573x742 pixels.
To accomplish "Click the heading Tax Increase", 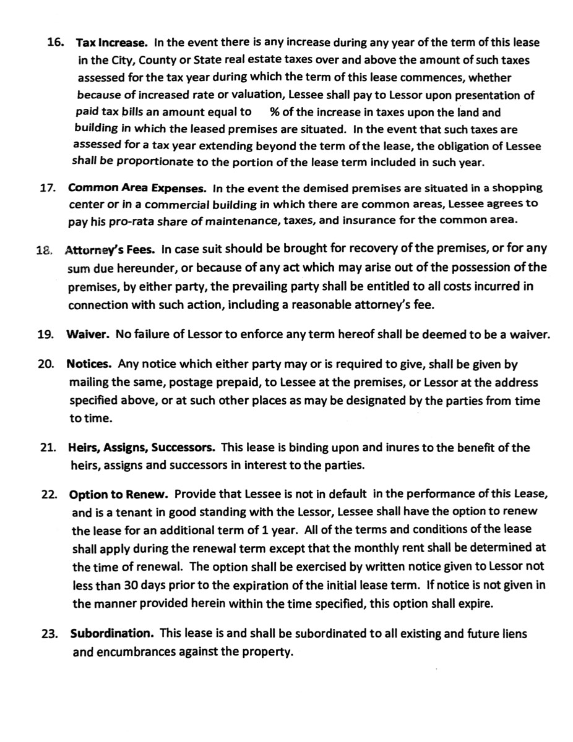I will click(x=111, y=43).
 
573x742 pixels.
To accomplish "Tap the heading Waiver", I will click(x=88, y=335).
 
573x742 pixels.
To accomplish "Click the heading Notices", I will click(x=89, y=364).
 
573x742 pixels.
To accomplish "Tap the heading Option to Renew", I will click(x=119, y=495).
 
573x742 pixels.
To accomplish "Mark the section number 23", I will click(x=51, y=634).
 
